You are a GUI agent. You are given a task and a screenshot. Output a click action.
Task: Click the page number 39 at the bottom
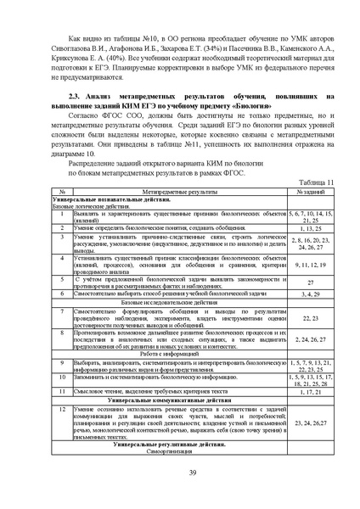tap(180, 473)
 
